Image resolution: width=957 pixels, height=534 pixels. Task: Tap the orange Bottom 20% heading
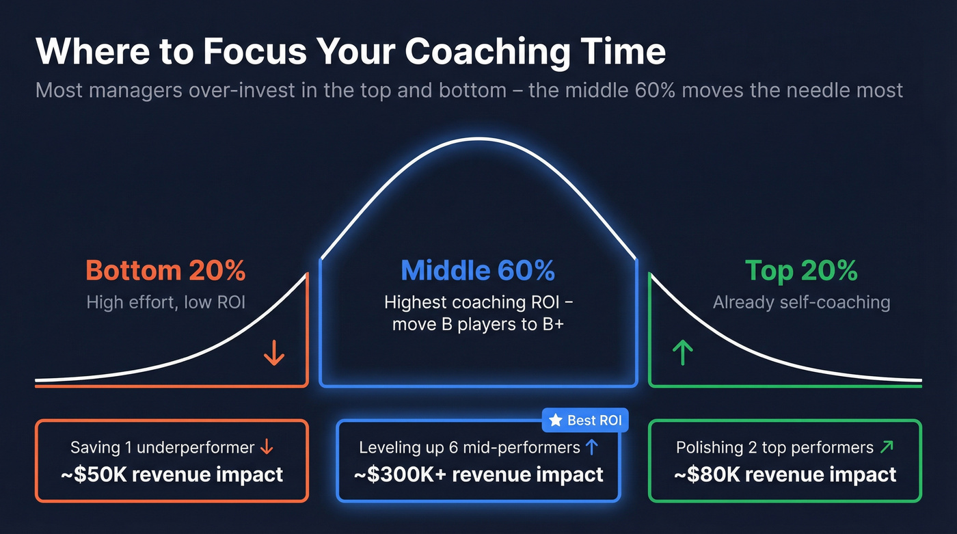click(x=165, y=271)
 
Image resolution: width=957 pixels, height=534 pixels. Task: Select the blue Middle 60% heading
click(x=478, y=271)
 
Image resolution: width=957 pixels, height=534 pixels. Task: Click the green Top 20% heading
click(x=801, y=271)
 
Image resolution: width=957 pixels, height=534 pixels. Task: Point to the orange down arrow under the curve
click(x=274, y=353)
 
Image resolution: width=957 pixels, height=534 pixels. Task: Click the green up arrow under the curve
click(x=682, y=353)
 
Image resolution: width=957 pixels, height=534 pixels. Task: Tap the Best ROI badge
click(x=585, y=420)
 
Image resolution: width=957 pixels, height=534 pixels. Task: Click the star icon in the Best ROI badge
click(x=556, y=420)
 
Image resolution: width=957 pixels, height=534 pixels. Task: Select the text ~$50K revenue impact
click(x=172, y=475)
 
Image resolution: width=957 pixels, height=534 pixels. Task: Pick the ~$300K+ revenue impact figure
click(x=478, y=475)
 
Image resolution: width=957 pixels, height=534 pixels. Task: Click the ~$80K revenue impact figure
click(x=785, y=475)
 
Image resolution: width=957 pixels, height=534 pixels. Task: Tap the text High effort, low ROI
click(x=165, y=302)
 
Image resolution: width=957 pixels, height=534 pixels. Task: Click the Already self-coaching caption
click(x=801, y=302)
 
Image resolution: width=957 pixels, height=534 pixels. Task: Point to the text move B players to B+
click(x=478, y=323)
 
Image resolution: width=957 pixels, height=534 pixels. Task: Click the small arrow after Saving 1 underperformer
click(x=267, y=448)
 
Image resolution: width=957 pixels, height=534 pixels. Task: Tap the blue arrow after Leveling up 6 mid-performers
click(x=592, y=448)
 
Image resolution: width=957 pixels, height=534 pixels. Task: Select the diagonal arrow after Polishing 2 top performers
click(x=887, y=448)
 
